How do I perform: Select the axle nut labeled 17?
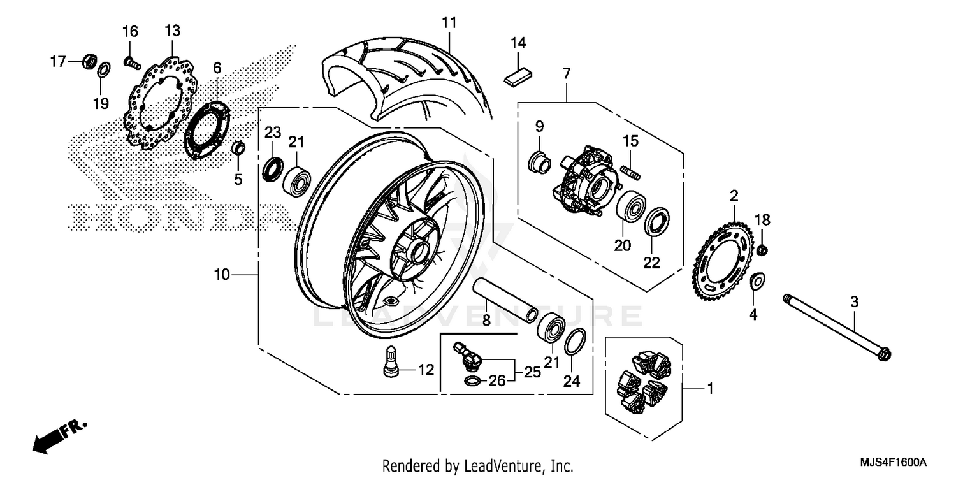[90, 62]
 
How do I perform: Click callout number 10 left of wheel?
[221, 275]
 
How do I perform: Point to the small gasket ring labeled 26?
[472, 382]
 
